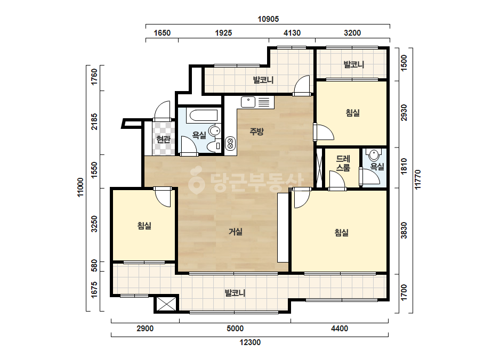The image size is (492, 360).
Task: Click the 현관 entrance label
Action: tap(164, 139)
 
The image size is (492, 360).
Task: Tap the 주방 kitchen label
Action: tap(257, 132)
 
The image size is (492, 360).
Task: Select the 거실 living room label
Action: tap(235, 232)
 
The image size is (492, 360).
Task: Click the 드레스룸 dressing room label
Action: tap(343, 163)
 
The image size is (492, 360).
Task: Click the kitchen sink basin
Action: tap(248, 102)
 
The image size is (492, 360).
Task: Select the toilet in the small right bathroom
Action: tap(374, 155)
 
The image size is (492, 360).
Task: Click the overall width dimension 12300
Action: tap(250, 342)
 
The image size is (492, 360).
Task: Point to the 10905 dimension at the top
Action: tap(268, 19)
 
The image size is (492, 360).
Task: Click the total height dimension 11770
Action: tap(417, 179)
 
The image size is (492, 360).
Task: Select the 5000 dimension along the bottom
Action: tap(235, 329)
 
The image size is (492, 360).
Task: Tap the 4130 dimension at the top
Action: tap(292, 33)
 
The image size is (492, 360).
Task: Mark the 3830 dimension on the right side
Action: tap(404, 230)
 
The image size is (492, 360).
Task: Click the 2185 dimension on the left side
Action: tap(94, 121)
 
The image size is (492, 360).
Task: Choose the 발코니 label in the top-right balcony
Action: tap(354, 64)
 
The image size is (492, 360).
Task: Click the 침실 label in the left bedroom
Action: tap(144, 225)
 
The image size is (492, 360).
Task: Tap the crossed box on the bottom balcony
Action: tap(166, 304)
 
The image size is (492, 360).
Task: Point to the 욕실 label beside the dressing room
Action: tap(377, 167)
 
